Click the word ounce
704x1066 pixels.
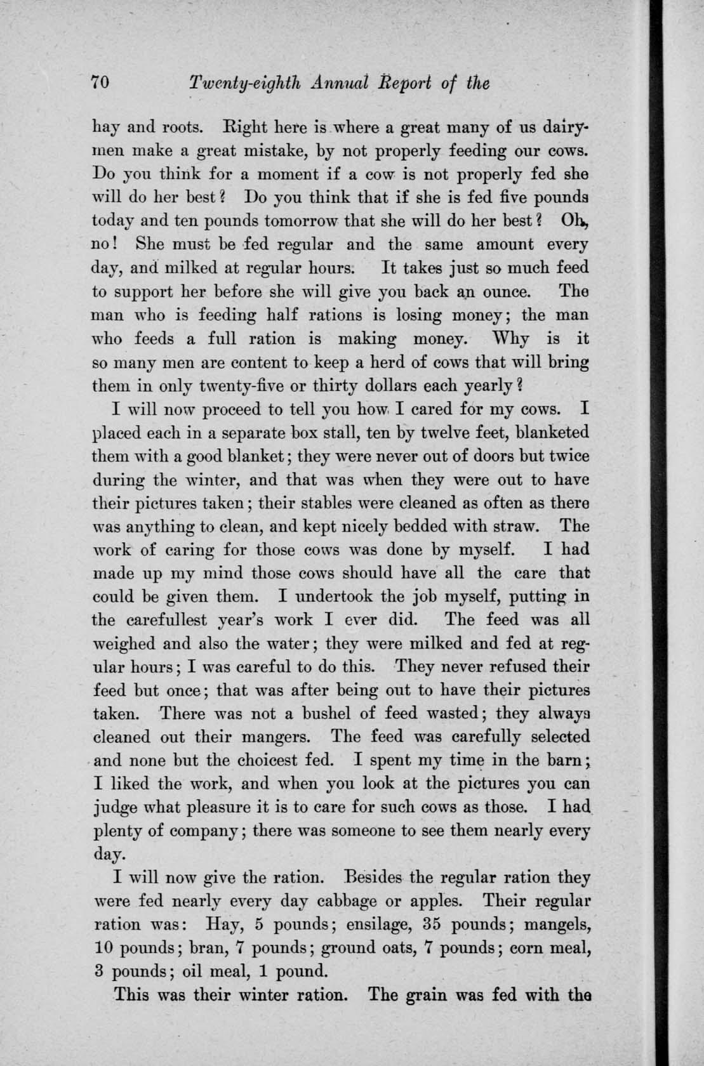(507, 293)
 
